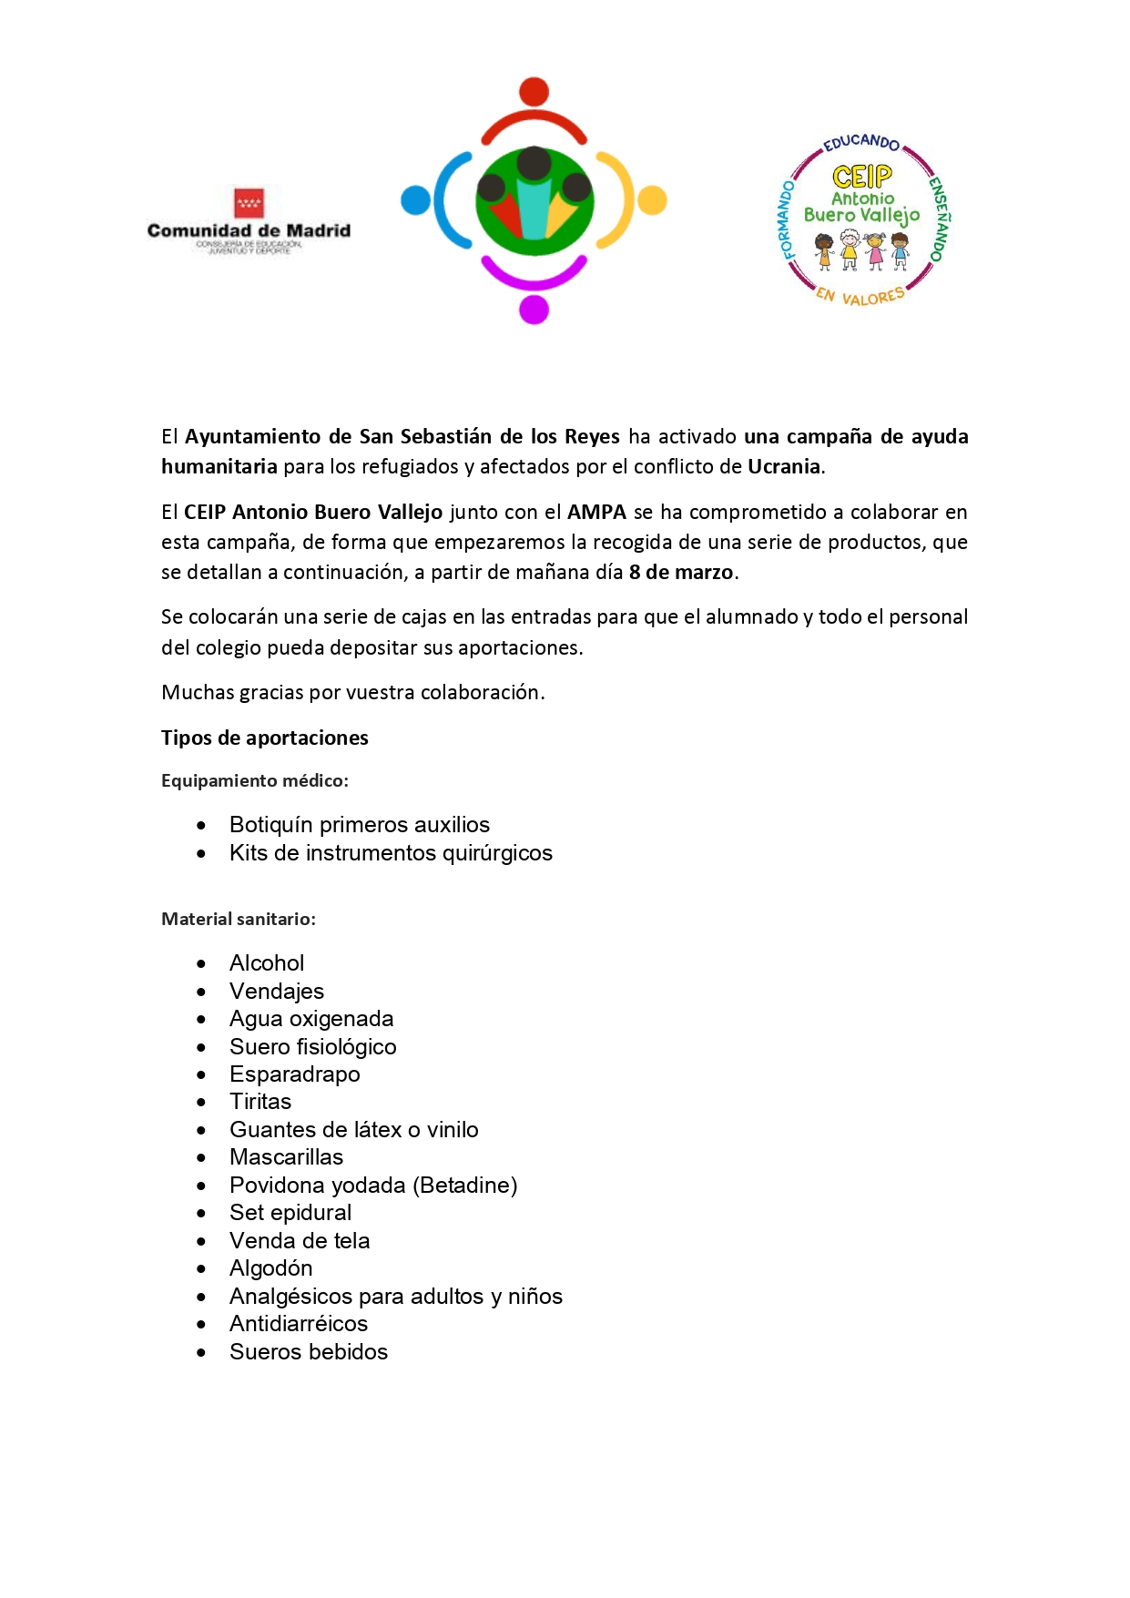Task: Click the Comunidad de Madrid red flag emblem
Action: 249,202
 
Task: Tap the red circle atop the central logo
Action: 534,92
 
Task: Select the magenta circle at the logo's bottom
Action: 534,310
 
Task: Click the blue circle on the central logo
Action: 415,200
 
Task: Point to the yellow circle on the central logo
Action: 652,200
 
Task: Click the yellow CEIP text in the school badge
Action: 862,176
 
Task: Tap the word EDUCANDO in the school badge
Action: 861,143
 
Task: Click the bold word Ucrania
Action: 784,467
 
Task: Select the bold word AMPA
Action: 596,513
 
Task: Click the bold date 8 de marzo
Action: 680,573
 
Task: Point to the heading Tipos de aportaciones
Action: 265,738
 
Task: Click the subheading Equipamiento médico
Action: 255,781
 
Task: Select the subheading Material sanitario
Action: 239,920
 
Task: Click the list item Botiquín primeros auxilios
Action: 360,825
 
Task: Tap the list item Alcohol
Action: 267,963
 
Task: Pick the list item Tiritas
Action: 260,1102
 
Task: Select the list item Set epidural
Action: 290,1213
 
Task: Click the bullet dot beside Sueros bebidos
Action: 201,1353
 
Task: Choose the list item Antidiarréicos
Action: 299,1324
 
